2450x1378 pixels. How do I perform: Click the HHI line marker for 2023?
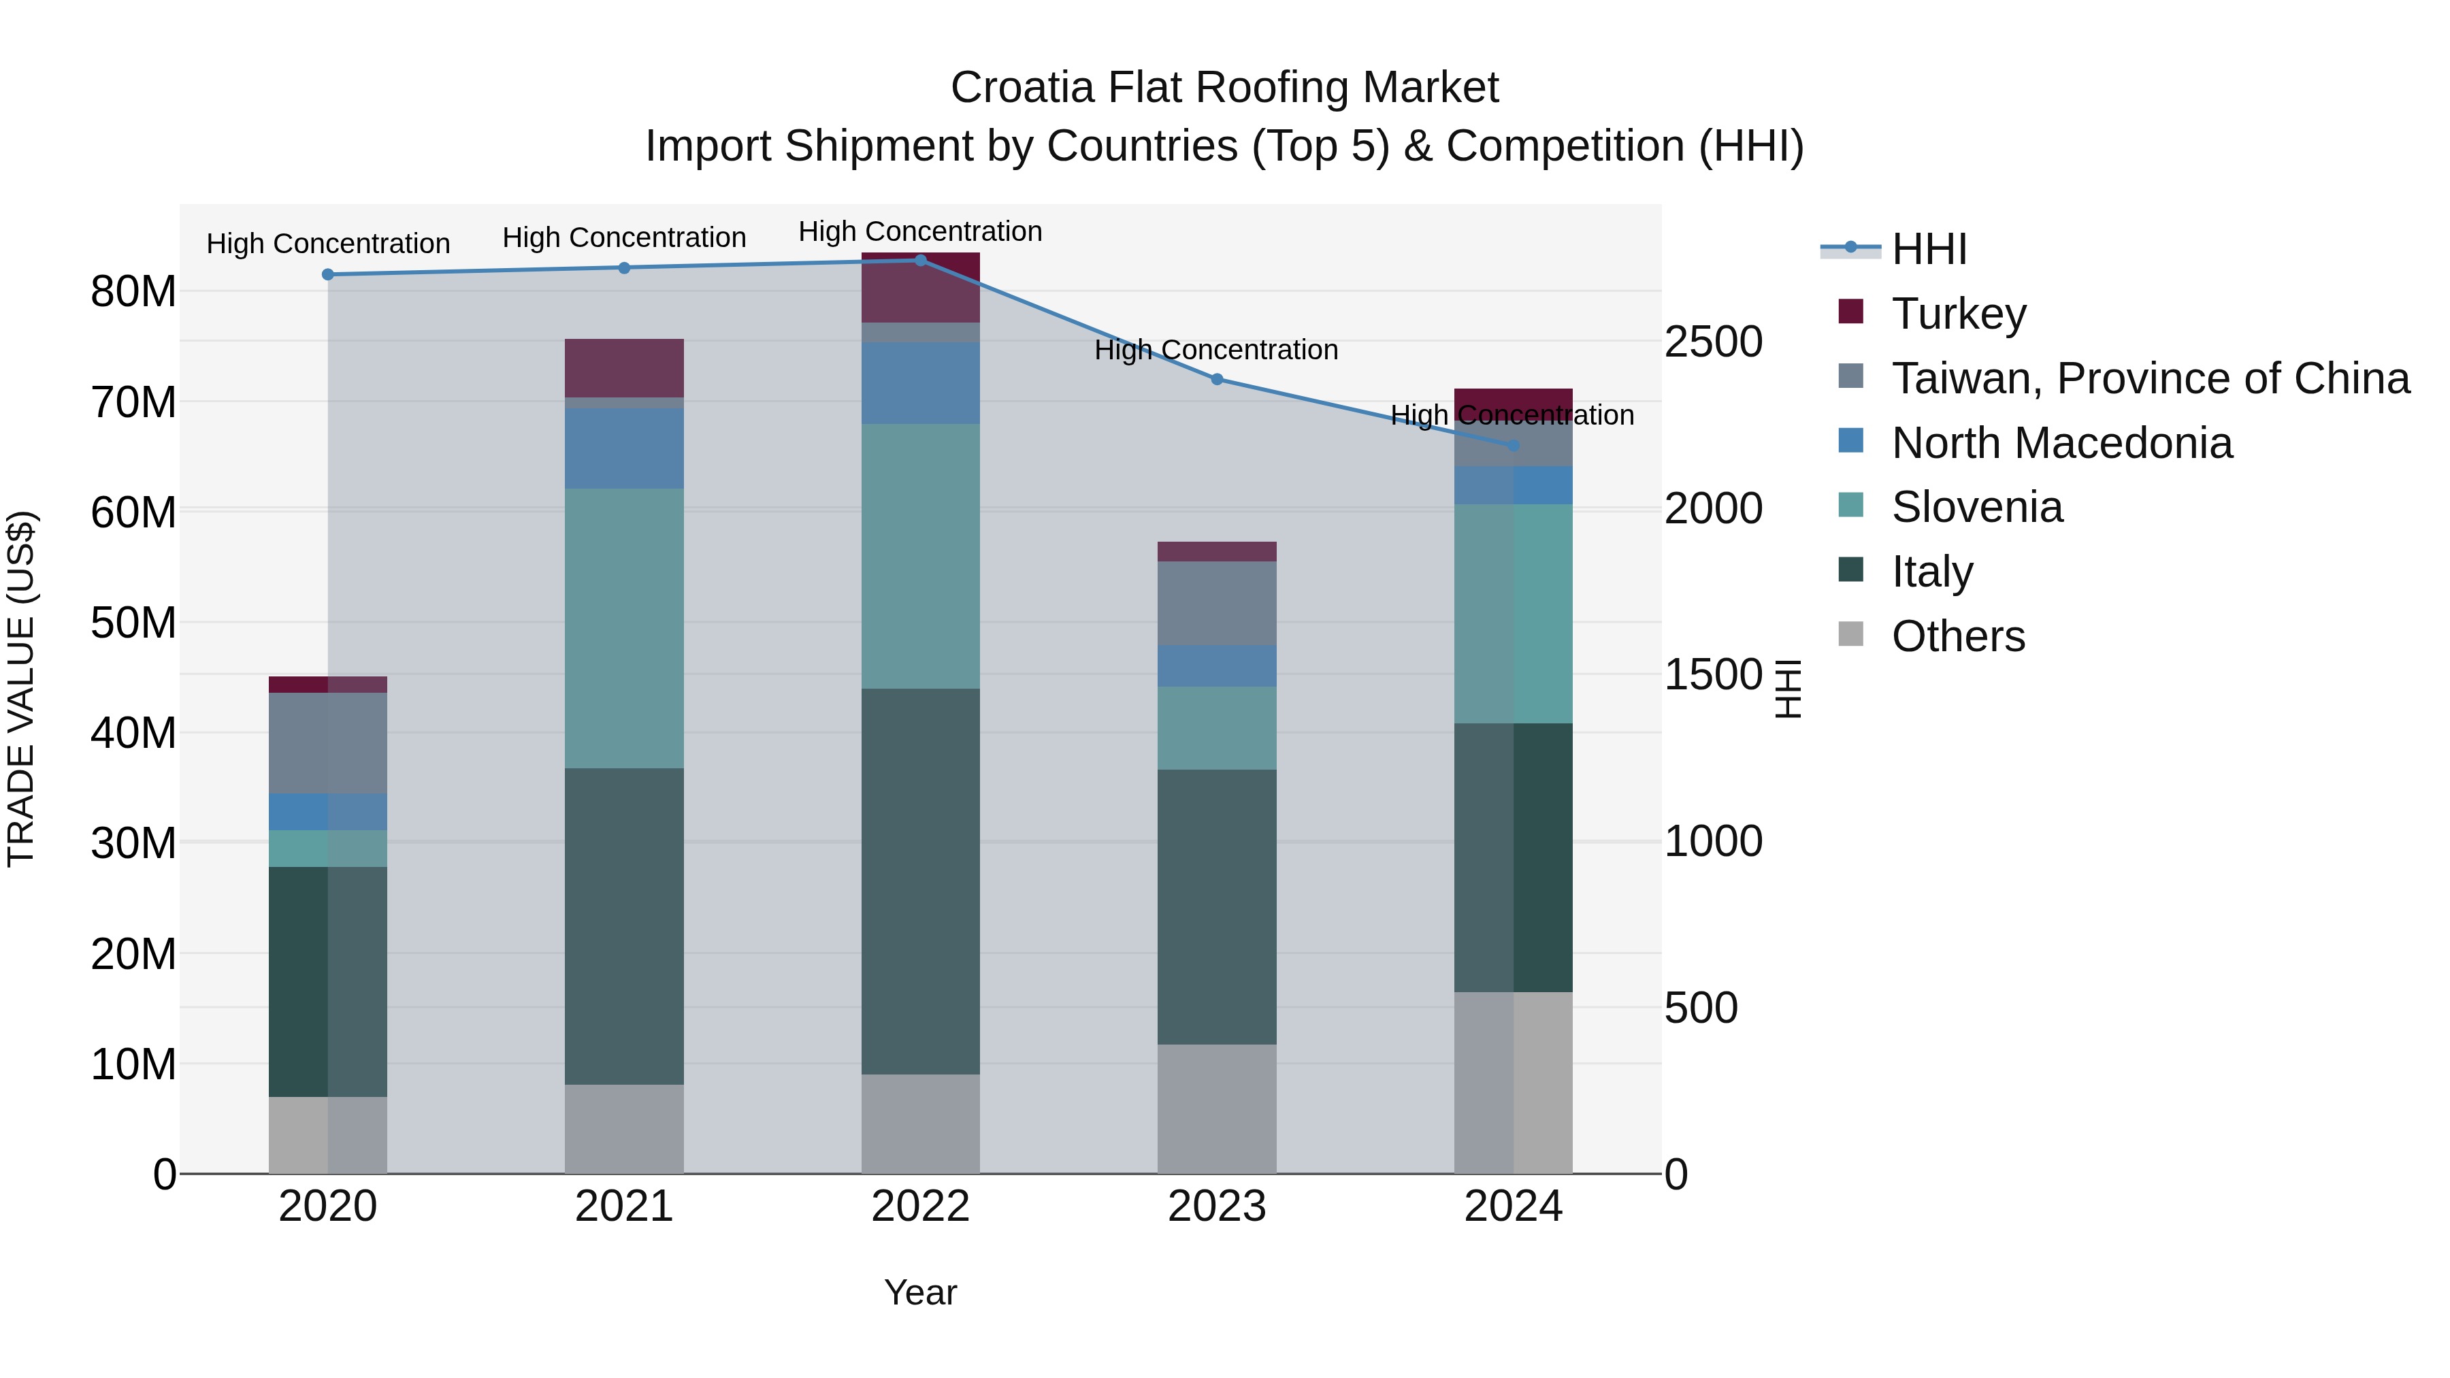pyautogui.click(x=1216, y=380)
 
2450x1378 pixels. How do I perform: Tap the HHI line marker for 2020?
pyautogui.click(x=328, y=275)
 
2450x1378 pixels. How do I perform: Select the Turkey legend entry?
pyautogui.click(x=1959, y=314)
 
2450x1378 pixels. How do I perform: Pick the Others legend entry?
pyautogui.click(x=1957, y=636)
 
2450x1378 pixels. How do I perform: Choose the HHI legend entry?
pyautogui.click(x=1928, y=249)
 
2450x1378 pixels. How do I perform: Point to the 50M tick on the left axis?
pyautogui.click(x=133, y=623)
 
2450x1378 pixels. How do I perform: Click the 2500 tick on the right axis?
pyautogui.click(x=1713, y=342)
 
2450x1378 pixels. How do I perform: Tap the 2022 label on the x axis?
pyautogui.click(x=919, y=1207)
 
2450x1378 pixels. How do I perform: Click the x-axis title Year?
pyautogui.click(x=919, y=1292)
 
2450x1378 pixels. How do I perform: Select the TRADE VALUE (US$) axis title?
pyautogui.click(x=22, y=689)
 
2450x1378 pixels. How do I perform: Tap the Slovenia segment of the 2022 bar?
pyautogui.click(x=919, y=557)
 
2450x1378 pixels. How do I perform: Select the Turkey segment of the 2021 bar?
pyautogui.click(x=624, y=368)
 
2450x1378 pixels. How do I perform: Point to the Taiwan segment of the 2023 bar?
pyautogui.click(x=1216, y=603)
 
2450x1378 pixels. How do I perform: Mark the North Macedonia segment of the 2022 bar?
pyautogui.click(x=919, y=382)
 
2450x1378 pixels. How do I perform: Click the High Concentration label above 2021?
pyautogui.click(x=624, y=237)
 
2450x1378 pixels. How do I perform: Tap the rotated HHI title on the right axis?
pyautogui.click(x=1788, y=689)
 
